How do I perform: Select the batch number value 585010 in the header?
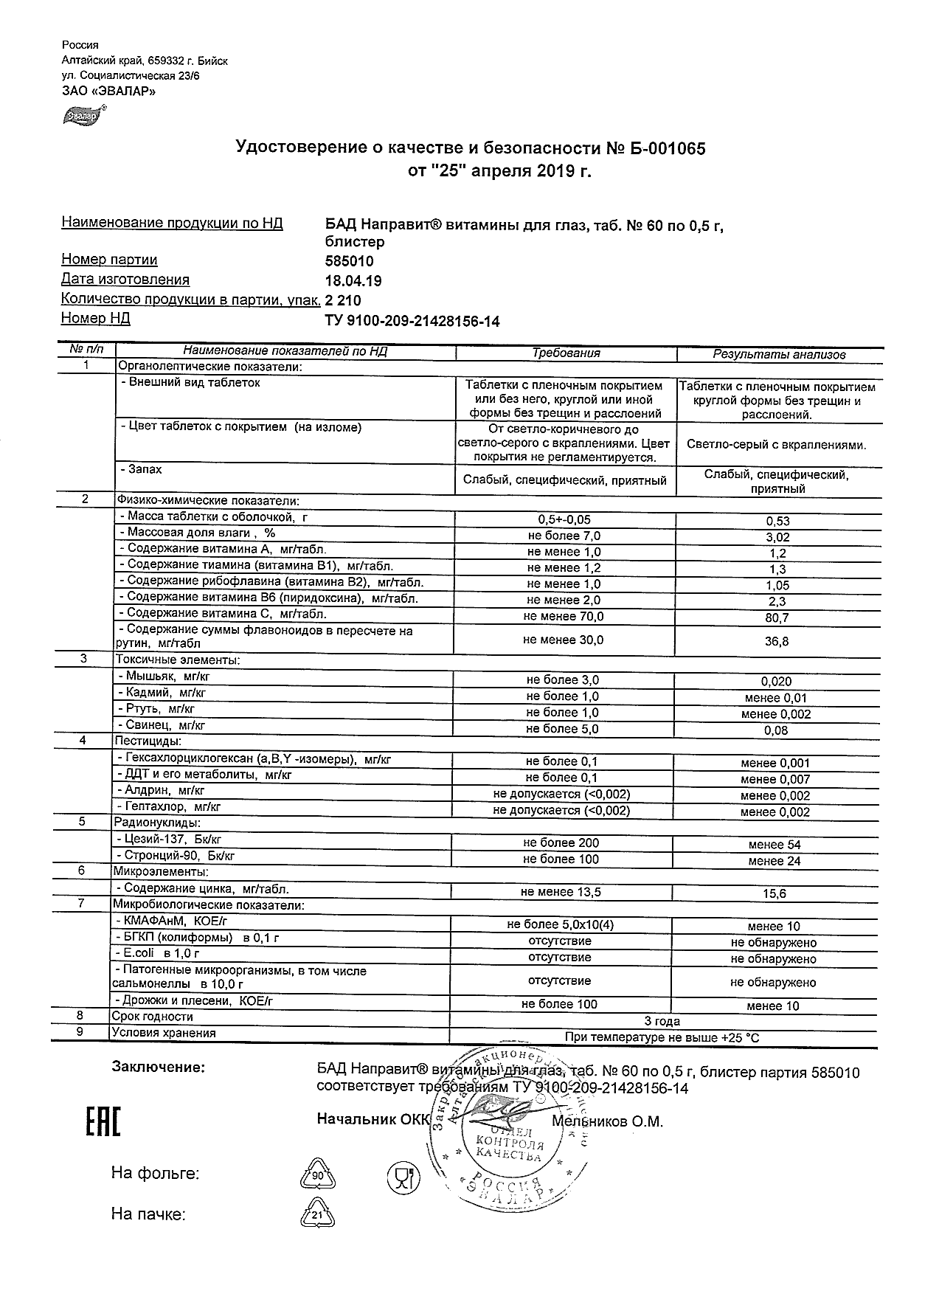click(x=349, y=261)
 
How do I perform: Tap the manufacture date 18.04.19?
click(x=353, y=281)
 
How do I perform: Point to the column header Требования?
click(x=566, y=353)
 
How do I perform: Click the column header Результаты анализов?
click(x=779, y=354)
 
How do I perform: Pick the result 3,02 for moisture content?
click(x=777, y=537)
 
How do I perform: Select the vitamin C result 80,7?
click(x=777, y=617)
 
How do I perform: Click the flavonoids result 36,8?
click(x=777, y=641)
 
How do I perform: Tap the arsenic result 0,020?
click(x=776, y=682)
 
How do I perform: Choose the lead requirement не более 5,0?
click(x=562, y=729)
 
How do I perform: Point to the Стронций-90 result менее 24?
click(x=774, y=861)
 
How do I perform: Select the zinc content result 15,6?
click(x=776, y=893)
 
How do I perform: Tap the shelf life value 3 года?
click(x=662, y=1021)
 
